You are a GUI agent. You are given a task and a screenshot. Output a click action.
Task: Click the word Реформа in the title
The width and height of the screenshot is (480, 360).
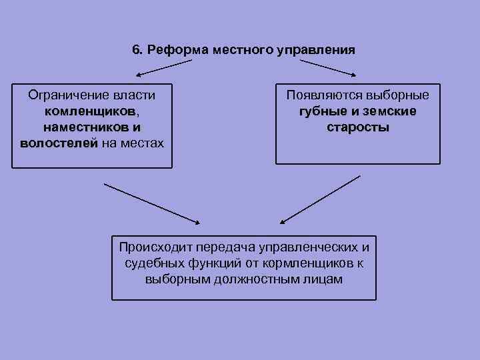169,50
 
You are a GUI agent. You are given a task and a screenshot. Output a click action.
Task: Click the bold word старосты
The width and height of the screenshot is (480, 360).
358,127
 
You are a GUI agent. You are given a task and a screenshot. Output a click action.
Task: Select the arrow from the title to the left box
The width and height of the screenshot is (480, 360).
163,67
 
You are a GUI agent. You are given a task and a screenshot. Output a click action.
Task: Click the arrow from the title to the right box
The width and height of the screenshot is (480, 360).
327,67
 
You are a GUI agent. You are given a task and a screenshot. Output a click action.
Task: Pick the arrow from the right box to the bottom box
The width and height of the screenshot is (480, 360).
320,198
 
